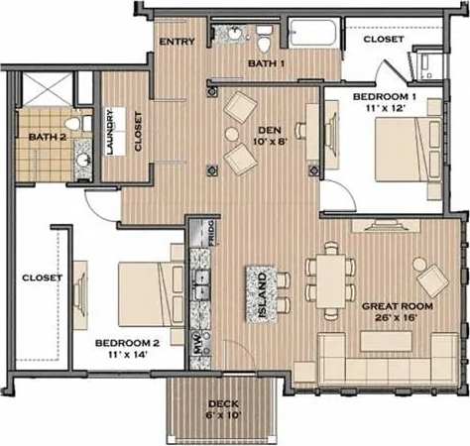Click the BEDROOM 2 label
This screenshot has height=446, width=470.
(x=128, y=344)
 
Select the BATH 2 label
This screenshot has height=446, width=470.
(x=47, y=136)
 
